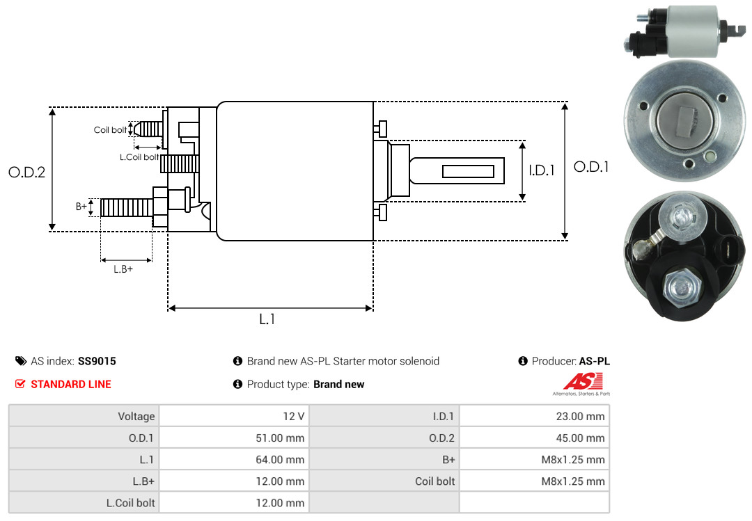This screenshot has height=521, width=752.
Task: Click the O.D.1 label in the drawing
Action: coord(591,167)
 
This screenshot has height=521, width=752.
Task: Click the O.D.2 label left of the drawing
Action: coord(26,172)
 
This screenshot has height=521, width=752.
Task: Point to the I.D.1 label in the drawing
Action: coord(541,170)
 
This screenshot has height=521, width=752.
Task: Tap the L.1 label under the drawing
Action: coord(267,319)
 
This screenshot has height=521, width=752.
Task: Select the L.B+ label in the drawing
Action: coord(123,268)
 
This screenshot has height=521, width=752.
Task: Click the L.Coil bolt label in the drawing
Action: coord(139,157)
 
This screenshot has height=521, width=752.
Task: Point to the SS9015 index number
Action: coord(97,361)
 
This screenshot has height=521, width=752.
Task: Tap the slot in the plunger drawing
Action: coord(468,171)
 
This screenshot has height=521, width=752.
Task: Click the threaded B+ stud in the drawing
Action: coord(125,207)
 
